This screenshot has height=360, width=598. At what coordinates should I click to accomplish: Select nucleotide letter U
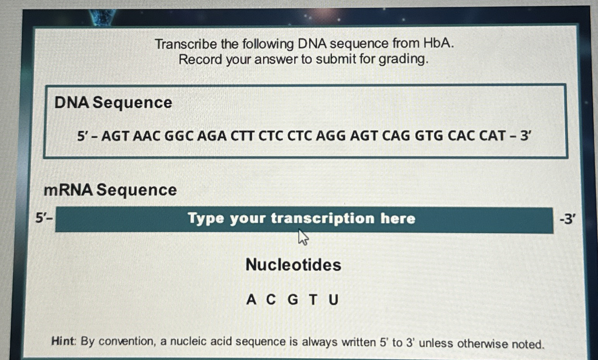coord(333,300)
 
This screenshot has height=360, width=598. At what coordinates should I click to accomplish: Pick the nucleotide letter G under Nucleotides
coord(293,300)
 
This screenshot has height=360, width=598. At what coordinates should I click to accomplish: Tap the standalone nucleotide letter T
coord(313,300)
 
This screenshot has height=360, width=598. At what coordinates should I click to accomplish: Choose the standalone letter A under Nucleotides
coord(251,300)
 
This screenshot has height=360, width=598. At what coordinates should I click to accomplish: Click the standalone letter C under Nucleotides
coord(271,300)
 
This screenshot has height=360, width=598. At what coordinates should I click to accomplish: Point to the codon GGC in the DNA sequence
coord(179,136)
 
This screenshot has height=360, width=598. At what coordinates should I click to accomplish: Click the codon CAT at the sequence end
coord(492,136)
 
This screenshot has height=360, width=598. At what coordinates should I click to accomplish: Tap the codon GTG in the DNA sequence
coord(429,136)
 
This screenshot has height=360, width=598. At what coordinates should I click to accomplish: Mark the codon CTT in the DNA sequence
coord(243,136)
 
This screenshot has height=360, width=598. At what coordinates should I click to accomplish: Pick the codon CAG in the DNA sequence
coord(396,136)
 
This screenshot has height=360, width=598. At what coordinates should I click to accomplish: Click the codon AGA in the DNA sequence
coord(212,136)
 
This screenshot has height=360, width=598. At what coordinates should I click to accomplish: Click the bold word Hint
coord(62,341)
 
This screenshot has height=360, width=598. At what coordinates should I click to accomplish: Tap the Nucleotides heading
coord(294,265)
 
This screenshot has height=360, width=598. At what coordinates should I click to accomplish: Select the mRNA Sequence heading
coord(110,190)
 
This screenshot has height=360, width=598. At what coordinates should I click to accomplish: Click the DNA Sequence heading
coord(113,103)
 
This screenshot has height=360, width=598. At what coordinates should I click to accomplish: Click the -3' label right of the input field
coord(567,219)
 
